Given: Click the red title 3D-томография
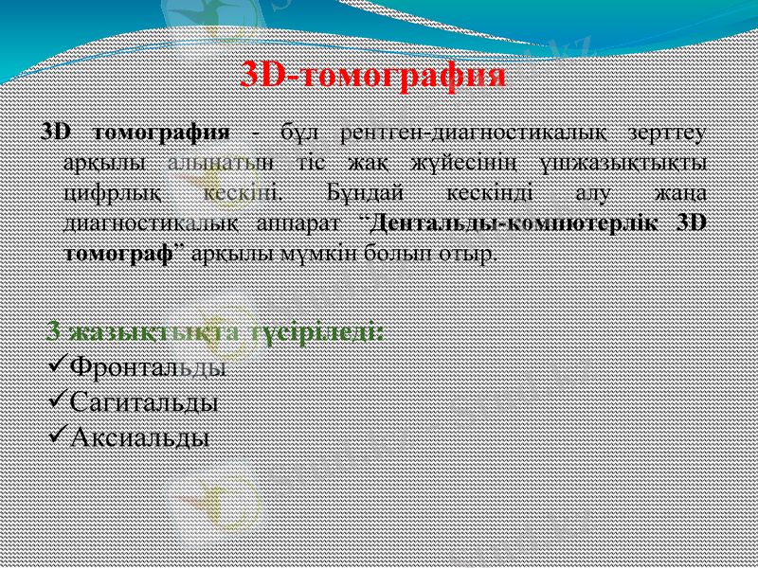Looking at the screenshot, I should click(372, 75).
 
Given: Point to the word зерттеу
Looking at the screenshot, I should click(665, 130).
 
